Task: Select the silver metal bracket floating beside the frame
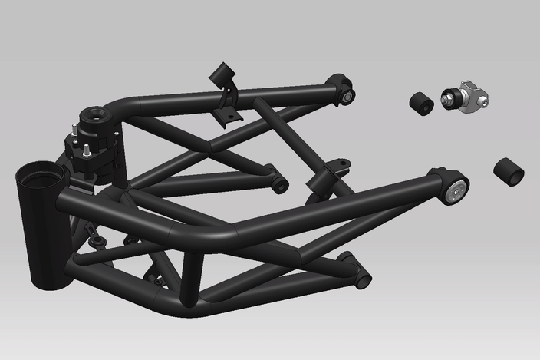[473, 95]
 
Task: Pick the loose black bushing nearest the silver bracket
[420, 104]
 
